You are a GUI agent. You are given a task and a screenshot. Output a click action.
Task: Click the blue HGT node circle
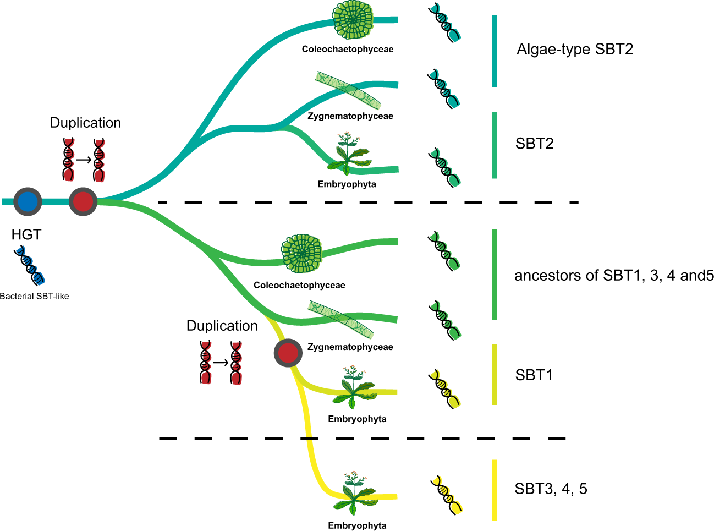[28, 202]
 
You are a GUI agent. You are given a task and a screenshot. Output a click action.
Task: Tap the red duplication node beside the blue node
[83, 201]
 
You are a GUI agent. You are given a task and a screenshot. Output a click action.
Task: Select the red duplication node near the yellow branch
[288, 353]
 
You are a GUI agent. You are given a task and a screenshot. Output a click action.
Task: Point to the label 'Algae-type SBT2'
[575, 50]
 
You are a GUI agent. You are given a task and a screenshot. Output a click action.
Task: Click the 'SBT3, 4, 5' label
[551, 489]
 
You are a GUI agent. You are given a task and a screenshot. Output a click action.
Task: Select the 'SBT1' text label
[534, 375]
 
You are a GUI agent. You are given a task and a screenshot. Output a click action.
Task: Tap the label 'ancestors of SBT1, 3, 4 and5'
[614, 276]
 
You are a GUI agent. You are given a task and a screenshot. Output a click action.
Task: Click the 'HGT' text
[26, 234]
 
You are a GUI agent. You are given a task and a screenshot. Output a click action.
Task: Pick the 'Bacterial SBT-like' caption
[35, 297]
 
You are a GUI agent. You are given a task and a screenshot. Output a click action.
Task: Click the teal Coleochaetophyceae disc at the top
[353, 20]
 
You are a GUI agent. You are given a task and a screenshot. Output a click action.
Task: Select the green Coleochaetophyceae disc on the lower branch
[301, 254]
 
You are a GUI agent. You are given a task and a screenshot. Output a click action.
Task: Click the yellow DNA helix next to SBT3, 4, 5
[446, 494]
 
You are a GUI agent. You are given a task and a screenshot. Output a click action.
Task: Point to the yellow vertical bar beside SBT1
[495, 374]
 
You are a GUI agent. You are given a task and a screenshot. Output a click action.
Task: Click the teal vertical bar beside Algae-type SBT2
[495, 51]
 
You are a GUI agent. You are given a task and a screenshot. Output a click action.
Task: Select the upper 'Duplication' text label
[85, 123]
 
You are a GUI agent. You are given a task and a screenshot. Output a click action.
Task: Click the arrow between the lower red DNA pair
[221, 363]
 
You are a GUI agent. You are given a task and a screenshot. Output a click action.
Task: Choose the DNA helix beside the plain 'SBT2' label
[444, 167]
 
